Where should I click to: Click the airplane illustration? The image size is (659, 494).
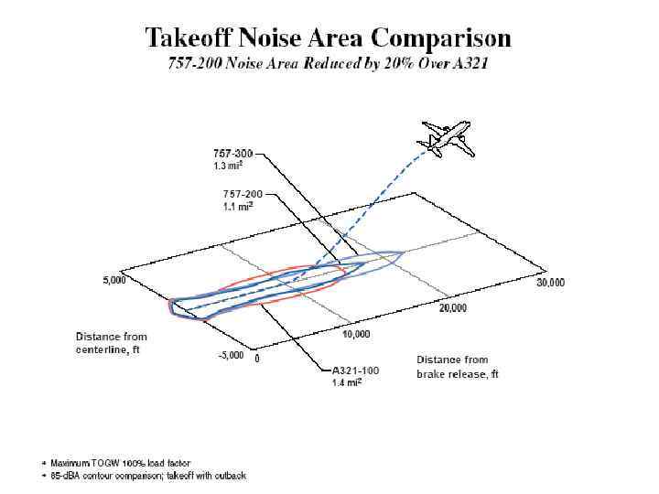coord(445,137)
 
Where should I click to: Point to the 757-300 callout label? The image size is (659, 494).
coord(233,154)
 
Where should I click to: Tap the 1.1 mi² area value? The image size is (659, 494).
coord(237,207)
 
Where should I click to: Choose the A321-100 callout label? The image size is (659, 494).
coord(355,370)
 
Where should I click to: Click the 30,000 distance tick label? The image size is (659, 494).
coord(550,283)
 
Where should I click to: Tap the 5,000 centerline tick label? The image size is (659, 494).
coord(113,281)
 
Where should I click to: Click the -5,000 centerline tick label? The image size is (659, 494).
coord(230,356)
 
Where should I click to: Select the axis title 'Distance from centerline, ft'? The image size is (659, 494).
coord(111,343)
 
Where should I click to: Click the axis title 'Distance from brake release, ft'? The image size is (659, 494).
coord(458,367)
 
